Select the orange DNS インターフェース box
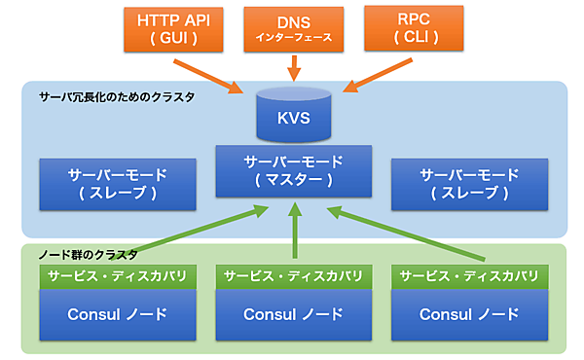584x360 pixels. (293, 29)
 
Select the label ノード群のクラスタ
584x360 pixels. (83, 253)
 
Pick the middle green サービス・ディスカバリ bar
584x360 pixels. (293, 276)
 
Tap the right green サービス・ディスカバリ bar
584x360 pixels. (468, 276)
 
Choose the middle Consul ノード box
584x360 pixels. (293, 315)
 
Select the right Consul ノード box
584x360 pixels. (468, 315)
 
